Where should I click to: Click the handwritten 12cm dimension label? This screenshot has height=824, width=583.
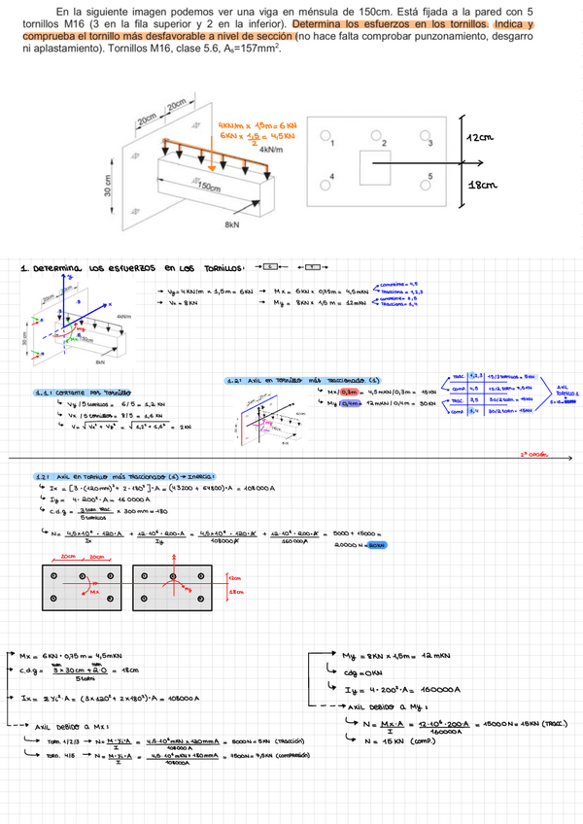480,137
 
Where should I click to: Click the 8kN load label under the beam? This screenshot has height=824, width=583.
231,224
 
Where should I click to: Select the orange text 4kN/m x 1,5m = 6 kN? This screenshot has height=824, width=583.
257,125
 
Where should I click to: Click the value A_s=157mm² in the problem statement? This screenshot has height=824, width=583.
249,47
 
